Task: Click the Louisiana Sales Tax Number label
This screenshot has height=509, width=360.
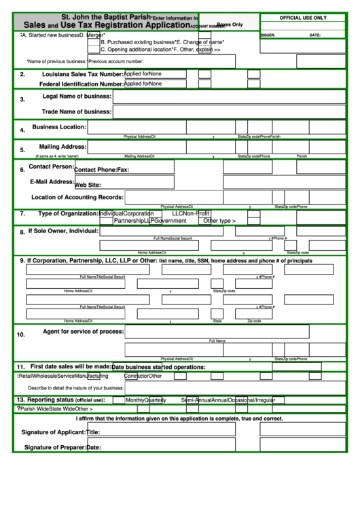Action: (x=82, y=74)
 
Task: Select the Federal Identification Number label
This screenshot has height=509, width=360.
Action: (x=81, y=84)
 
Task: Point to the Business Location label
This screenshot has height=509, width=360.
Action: (x=59, y=127)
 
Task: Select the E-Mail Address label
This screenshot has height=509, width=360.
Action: (x=51, y=182)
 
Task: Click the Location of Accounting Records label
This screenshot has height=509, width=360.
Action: (x=77, y=198)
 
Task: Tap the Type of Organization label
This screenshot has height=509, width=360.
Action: (x=68, y=213)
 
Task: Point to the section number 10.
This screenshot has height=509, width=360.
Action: (x=21, y=334)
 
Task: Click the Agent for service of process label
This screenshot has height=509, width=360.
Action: (x=83, y=331)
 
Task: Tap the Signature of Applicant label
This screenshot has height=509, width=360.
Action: (x=53, y=432)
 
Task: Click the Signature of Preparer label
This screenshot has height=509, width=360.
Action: (x=54, y=447)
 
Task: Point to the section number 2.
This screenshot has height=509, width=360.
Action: (x=22, y=75)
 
